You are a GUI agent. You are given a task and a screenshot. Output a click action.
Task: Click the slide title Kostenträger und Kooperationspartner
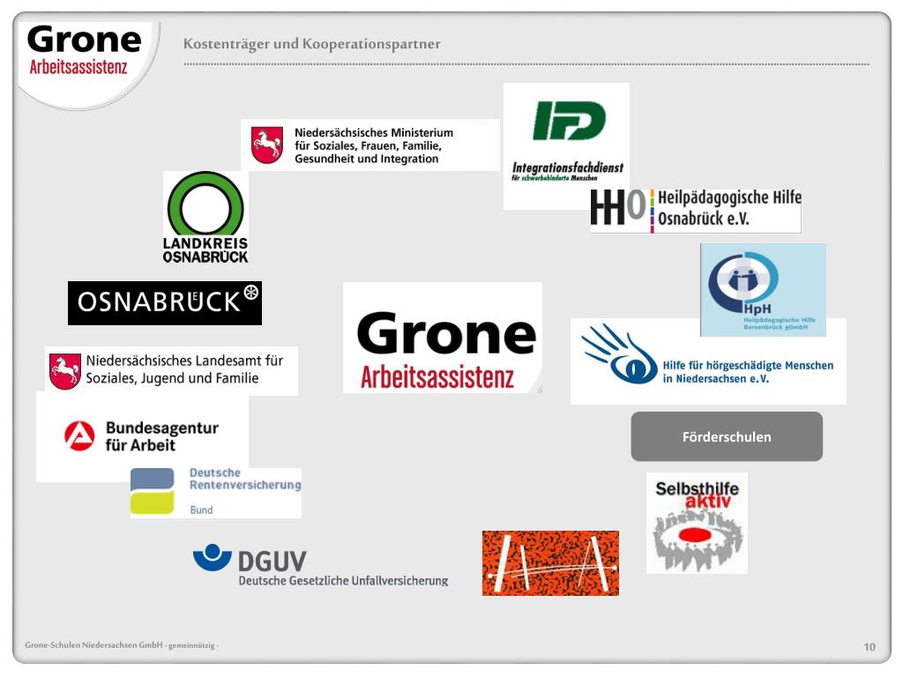[311, 44]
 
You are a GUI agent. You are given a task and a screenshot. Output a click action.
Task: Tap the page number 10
[869, 647]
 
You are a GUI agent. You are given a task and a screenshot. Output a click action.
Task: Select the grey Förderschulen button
[727, 436]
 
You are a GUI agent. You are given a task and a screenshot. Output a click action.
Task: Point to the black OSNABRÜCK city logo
[165, 302]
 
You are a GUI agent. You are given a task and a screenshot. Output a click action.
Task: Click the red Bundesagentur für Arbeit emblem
[79, 436]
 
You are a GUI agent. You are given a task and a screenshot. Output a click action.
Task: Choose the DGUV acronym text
[272, 561]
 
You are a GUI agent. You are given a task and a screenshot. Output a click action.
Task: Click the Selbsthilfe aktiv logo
[697, 523]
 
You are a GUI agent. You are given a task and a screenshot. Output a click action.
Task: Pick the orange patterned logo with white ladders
[550, 563]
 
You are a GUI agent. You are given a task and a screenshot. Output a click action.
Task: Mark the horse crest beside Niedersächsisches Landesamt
[64, 371]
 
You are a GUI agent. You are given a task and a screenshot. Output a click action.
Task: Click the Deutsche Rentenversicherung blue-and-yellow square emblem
[153, 491]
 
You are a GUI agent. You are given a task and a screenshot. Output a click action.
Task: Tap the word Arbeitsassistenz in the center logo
[437, 377]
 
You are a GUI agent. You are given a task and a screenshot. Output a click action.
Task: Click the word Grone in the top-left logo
[84, 40]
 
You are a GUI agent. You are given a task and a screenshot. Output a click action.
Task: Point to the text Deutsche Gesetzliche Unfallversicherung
[343, 580]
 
